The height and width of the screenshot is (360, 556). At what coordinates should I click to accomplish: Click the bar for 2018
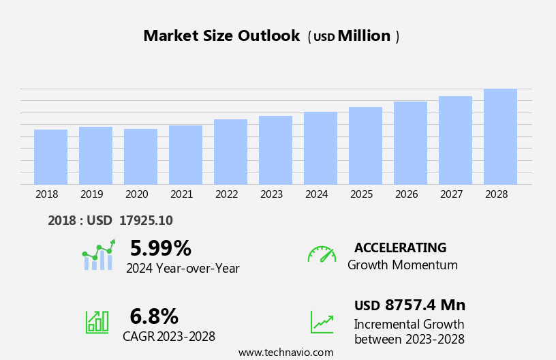click(x=50, y=157)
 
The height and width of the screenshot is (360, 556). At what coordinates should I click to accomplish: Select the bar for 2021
click(x=185, y=155)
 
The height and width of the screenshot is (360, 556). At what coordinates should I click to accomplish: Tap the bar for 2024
click(x=320, y=148)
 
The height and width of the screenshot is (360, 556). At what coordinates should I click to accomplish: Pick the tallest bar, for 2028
click(x=500, y=136)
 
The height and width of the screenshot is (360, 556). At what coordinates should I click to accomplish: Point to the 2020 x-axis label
click(x=136, y=194)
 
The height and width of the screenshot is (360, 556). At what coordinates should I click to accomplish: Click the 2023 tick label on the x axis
click(x=271, y=194)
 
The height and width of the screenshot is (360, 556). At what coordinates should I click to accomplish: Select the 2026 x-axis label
click(x=406, y=194)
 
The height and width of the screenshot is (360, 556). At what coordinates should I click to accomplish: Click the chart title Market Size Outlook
click(x=221, y=36)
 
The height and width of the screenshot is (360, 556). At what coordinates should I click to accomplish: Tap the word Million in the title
click(x=364, y=36)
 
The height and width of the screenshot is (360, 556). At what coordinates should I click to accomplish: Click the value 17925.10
click(x=146, y=221)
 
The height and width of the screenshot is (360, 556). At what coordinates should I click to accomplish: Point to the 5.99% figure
click(x=160, y=248)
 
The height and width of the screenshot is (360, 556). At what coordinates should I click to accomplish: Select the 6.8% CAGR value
click(x=154, y=316)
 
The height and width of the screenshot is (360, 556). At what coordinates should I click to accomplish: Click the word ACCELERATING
click(x=400, y=248)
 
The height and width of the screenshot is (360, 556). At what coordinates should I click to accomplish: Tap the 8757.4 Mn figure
click(x=424, y=305)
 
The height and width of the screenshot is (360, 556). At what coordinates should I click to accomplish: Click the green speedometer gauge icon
click(x=322, y=255)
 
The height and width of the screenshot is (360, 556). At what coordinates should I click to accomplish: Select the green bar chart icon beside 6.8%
click(x=97, y=321)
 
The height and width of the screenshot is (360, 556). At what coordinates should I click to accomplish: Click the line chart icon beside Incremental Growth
click(x=322, y=322)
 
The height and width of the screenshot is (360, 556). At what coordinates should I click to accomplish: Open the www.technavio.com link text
click(x=285, y=352)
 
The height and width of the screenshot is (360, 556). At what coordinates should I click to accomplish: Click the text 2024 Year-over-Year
click(x=183, y=269)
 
